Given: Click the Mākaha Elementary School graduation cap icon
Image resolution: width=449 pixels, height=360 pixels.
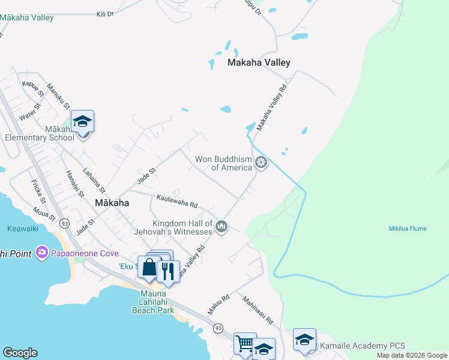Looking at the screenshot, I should pyautogui.click(x=82, y=122).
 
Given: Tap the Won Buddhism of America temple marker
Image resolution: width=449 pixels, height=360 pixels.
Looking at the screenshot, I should pyautogui.click(x=261, y=162).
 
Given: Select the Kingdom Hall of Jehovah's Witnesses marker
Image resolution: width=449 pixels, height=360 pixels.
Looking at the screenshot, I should pyautogui.click(x=221, y=227).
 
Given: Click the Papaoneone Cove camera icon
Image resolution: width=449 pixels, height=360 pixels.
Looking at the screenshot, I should pyautogui.click(x=41, y=253).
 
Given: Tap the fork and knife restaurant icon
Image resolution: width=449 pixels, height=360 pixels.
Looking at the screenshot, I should pyautogui.click(x=168, y=271).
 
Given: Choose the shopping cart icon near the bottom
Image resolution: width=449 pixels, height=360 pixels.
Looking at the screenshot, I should pyautogui.click(x=245, y=344).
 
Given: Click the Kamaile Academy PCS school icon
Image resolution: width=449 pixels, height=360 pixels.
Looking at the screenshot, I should pyautogui.click(x=304, y=340).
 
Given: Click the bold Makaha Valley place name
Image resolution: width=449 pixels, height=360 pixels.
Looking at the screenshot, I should pyautogui.click(x=259, y=62).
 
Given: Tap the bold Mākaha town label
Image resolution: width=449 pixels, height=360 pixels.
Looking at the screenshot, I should pyautogui.click(x=112, y=203).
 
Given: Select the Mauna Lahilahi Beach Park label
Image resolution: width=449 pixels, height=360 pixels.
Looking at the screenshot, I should pyautogui.click(x=153, y=302).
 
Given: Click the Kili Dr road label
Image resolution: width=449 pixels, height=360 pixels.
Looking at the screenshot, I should pyautogui.click(x=105, y=13).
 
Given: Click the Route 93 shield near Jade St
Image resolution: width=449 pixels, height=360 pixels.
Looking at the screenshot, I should pyautogui.click(x=64, y=223).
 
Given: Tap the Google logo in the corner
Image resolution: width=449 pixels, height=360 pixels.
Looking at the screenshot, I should pyautogui.click(x=20, y=353).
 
